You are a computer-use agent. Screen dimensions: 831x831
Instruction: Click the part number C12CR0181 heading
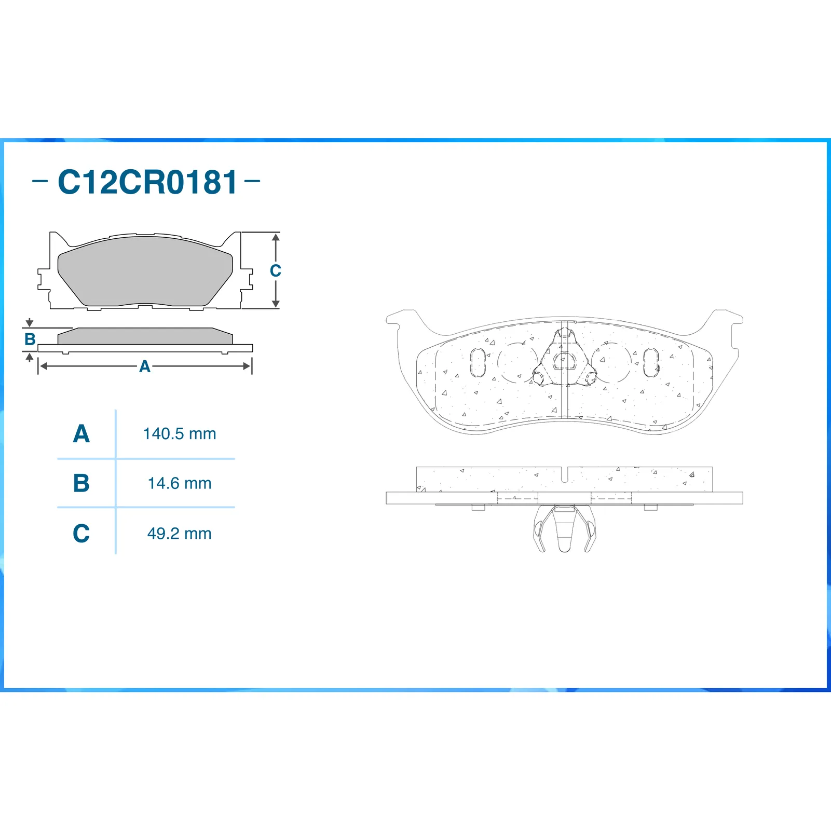click(147, 182)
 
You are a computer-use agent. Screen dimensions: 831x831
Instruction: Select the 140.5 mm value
click(180, 433)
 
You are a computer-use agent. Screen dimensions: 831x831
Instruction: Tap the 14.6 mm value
click(180, 483)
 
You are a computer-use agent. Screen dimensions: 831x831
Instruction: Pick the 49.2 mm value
click(180, 534)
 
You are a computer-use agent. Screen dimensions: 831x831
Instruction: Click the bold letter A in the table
click(81, 434)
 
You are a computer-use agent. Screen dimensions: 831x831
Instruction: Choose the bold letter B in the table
click(81, 483)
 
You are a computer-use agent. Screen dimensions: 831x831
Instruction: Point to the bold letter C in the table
click(81, 534)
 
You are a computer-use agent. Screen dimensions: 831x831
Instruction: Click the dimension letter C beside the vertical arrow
click(276, 270)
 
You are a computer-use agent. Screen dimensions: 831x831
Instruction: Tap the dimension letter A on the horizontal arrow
click(145, 366)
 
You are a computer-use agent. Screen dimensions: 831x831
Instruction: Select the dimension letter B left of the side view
click(30, 339)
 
